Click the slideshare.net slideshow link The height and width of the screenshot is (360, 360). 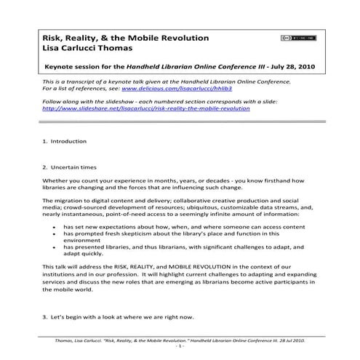coord(146,108)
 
